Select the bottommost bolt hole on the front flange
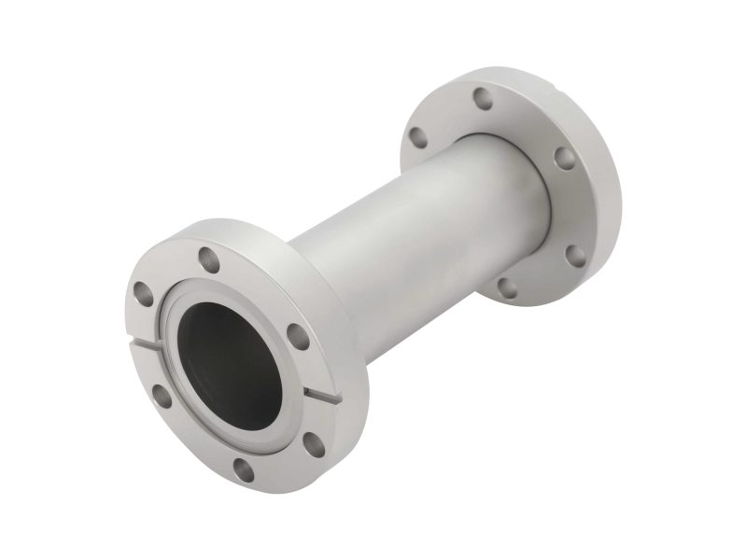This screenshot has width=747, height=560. click(x=244, y=469)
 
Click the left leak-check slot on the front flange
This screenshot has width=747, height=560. click(x=147, y=347)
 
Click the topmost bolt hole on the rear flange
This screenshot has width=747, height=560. click(x=482, y=99)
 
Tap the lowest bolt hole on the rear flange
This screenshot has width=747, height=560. click(x=506, y=286)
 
